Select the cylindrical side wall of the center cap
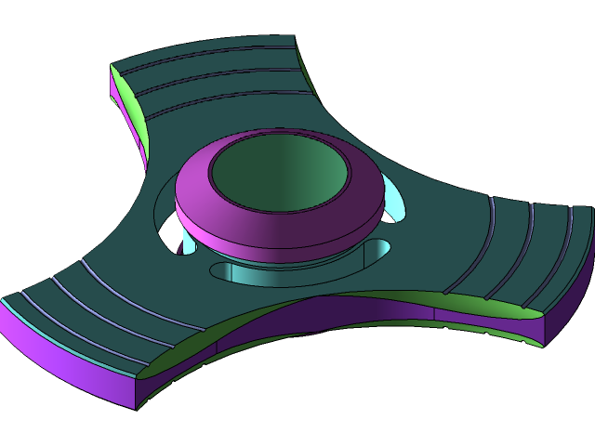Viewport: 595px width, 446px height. (279, 246)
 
